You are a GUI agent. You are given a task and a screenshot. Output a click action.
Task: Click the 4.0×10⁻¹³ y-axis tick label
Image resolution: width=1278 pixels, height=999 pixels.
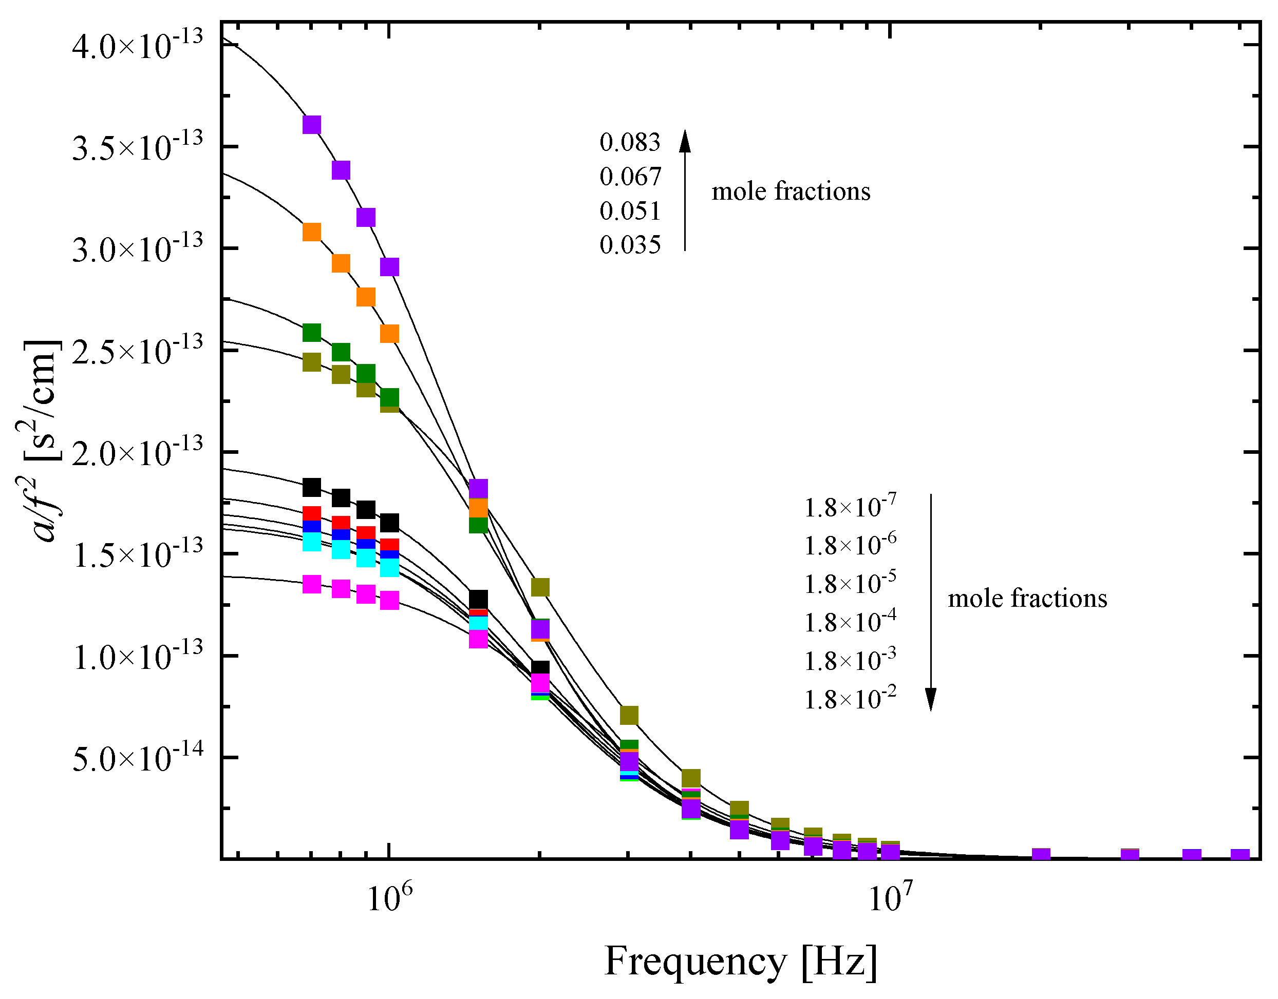click(138, 45)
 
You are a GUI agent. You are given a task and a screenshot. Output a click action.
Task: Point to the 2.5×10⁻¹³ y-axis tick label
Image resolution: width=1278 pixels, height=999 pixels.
click(138, 351)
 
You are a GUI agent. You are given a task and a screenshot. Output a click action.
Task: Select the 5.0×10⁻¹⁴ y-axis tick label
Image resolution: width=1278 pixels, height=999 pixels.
click(138, 759)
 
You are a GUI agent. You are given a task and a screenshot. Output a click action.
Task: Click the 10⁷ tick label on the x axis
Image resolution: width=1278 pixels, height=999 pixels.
click(890, 898)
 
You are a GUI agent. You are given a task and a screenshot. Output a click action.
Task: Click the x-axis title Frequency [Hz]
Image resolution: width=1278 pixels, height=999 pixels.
click(740, 961)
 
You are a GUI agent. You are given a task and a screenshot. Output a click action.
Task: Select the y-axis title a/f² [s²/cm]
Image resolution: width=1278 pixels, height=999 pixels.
click(42, 441)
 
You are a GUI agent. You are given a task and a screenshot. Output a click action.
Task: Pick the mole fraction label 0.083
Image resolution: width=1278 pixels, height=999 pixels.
click(630, 142)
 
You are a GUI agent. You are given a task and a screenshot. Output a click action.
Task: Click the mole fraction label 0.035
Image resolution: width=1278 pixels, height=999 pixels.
click(630, 244)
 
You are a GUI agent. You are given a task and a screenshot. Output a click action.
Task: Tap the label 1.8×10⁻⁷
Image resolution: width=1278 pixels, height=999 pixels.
click(850, 506)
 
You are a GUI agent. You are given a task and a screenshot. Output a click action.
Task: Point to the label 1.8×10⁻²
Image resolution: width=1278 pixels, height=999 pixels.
click(850, 698)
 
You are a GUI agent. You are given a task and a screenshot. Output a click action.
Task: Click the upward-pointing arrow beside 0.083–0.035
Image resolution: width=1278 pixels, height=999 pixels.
click(685, 190)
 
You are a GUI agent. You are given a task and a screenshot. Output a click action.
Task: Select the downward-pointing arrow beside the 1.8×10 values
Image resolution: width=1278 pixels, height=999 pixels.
click(930, 603)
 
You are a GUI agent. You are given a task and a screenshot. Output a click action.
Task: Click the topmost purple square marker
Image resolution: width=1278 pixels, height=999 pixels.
click(312, 125)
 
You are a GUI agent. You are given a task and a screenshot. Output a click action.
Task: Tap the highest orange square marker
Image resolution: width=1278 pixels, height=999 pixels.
click(312, 232)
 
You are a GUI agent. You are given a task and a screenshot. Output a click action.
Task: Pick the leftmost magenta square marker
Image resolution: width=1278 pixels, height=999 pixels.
click(312, 584)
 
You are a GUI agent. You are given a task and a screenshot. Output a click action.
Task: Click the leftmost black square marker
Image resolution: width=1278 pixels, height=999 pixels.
click(312, 487)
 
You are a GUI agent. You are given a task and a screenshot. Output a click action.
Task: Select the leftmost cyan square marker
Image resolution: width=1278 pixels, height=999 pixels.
click(312, 542)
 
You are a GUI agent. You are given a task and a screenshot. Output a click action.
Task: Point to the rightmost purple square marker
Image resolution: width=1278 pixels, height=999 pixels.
click(1240, 855)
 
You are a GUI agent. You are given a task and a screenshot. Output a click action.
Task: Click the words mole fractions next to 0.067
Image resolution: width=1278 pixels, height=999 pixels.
click(791, 191)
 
